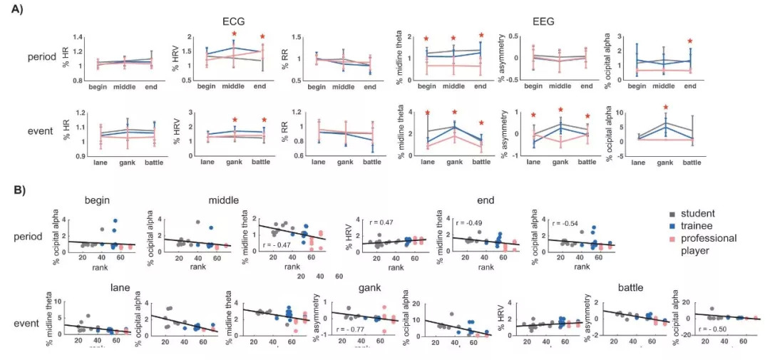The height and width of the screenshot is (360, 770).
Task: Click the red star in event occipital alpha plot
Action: coord(665,108)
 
